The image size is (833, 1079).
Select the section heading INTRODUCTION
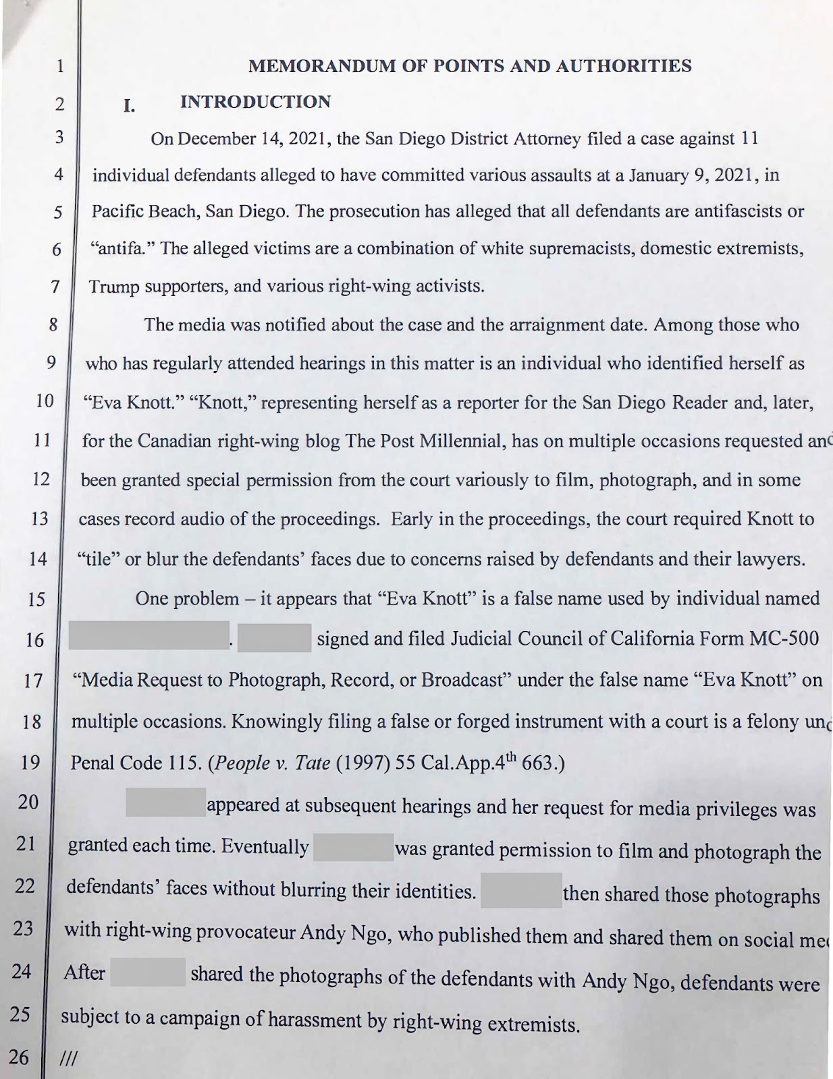(255, 102)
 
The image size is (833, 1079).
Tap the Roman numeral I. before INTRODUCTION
(128, 105)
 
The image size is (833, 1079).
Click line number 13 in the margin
(40, 518)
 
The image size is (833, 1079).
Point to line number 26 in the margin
(19, 1057)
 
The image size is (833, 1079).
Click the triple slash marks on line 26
(68, 1059)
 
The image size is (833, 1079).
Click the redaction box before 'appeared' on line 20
(165, 803)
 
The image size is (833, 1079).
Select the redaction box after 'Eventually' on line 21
(353, 847)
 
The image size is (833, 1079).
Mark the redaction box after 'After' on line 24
(148, 972)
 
